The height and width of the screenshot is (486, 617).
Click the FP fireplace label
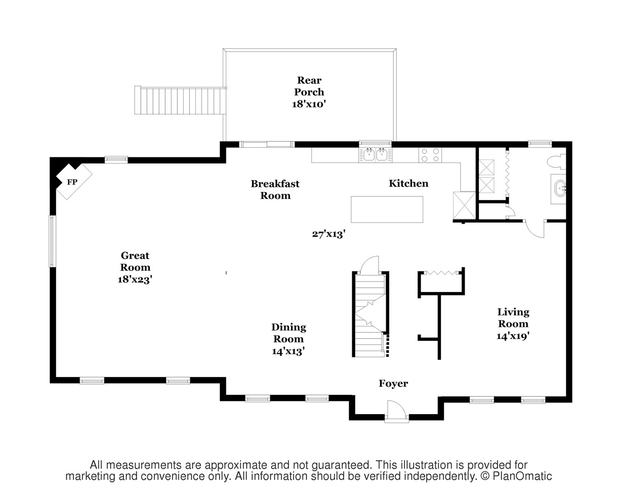click(x=72, y=182)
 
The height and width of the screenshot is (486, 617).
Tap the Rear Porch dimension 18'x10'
click(x=309, y=104)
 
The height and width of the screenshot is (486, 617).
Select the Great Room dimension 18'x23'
click(x=135, y=279)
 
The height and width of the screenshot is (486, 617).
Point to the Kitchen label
click(x=408, y=183)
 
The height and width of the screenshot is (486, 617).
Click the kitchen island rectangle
click(x=387, y=209)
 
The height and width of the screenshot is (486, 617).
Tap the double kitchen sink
click(x=375, y=155)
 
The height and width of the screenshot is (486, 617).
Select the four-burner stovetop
click(x=430, y=155)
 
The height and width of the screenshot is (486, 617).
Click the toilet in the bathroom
click(x=556, y=162)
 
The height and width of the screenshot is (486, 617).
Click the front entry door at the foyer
click(x=397, y=412)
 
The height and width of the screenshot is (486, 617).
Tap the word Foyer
click(x=393, y=384)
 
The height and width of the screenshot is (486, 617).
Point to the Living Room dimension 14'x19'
click(x=513, y=336)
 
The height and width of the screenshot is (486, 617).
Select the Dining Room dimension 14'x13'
click(x=288, y=351)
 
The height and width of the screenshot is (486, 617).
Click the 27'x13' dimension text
click(x=328, y=234)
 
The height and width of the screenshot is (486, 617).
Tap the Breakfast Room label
click(x=275, y=189)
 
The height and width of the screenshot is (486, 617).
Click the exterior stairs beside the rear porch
click(x=180, y=100)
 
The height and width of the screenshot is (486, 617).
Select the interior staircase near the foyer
click(x=371, y=314)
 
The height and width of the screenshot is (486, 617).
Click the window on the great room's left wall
click(x=52, y=241)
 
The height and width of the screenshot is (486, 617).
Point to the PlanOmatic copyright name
click(x=522, y=476)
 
